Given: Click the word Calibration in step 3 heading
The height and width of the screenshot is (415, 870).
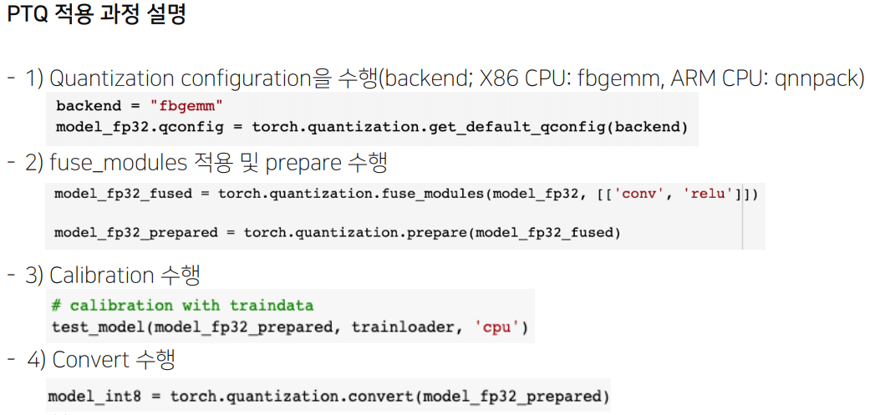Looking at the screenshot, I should pyautogui.click(x=101, y=275).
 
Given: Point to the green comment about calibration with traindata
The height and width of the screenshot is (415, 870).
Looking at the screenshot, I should pyautogui.click(x=182, y=306).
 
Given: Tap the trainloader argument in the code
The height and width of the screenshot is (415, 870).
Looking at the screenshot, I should pyautogui.click(x=402, y=326).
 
